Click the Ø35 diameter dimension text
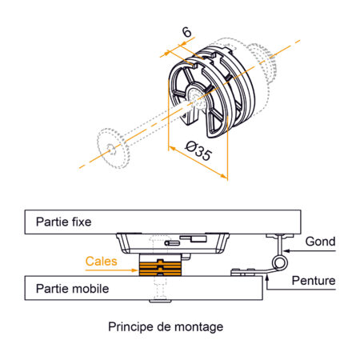(x=199, y=151)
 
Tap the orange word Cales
(x=101, y=262)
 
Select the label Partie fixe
(x=61, y=220)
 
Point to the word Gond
(x=320, y=241)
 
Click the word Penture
(x=314, y=281)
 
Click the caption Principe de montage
(x=166, y=326)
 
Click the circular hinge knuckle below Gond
(x=279, y=262)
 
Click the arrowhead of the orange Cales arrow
(x=136, y=262)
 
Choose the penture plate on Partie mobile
(x=244, y=272)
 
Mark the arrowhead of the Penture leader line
(x=264, y=274)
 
